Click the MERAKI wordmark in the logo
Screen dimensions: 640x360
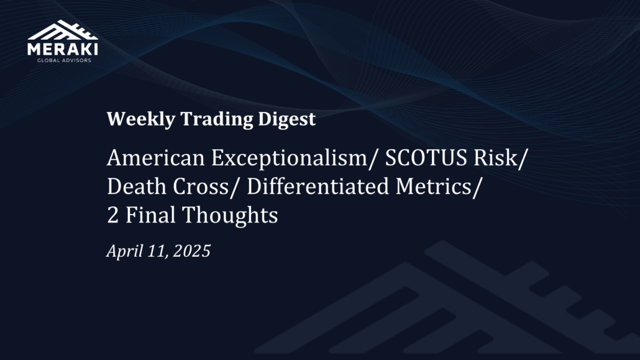(63, 49)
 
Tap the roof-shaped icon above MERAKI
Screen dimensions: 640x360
(63, 30)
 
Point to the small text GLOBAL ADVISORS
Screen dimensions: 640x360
(64, 60)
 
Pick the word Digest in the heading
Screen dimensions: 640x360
(287, 119)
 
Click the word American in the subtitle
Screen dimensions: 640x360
(155, 158)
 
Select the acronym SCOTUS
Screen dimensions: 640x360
(426, 158)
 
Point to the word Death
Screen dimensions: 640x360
(137, 187)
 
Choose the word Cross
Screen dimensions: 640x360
(201, 187)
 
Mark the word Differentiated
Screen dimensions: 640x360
(318, 187)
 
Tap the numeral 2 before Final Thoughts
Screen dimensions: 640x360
(112, 215)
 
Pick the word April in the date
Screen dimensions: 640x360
(124, 251)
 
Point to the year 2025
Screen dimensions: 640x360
(192, 251)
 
